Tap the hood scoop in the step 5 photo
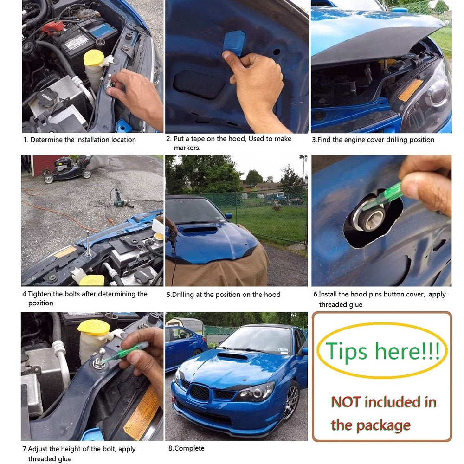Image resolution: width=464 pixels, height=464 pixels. point(199,230)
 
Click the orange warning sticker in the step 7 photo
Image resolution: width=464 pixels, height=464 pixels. point(142,413)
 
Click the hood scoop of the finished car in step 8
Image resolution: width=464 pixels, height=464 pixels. point(232,356)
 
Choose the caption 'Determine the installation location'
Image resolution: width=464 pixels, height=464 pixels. point(83,140)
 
